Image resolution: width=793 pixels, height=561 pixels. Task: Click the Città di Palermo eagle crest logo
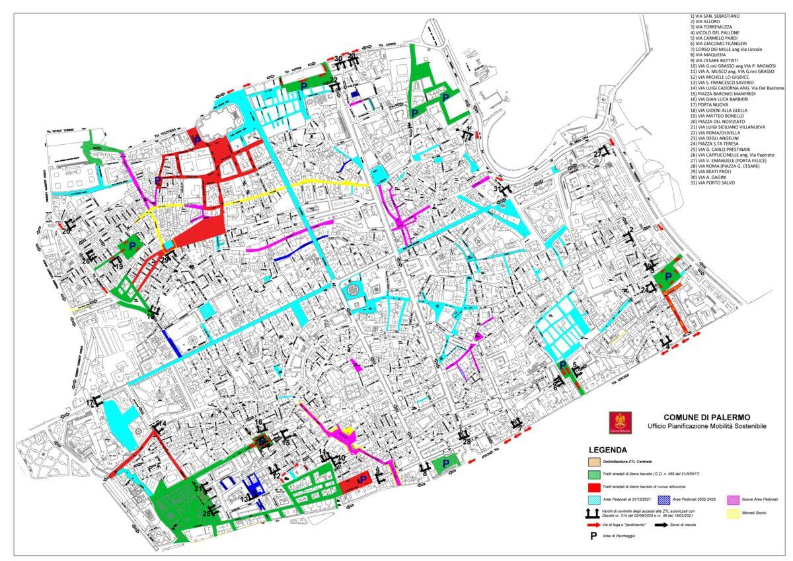(619, 422)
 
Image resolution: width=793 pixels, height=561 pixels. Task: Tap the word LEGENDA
(598, 449)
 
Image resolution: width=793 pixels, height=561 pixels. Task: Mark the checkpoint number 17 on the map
(90, 402)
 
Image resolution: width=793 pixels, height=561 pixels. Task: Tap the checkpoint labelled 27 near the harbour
(598, 153)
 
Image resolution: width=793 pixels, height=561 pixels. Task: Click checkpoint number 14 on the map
(163, 423)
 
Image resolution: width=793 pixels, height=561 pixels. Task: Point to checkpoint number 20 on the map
(66, 231)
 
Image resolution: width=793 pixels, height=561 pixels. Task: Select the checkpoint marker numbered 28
(467, 441)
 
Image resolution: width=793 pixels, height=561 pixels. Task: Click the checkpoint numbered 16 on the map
(259, 422)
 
